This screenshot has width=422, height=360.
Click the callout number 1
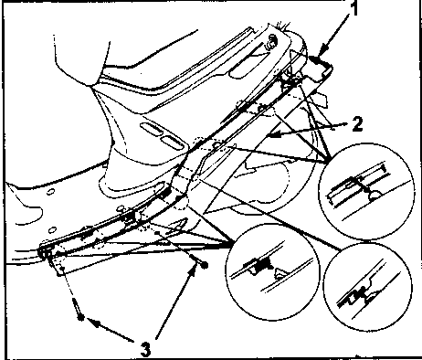pos(353,9)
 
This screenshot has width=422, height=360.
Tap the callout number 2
pos(357,124)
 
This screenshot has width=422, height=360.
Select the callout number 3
pos(146,349)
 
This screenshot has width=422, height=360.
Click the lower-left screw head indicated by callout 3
pos(80,317)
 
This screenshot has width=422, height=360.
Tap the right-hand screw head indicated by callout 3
pos(205,265)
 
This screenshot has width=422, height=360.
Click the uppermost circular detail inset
pos(366,192)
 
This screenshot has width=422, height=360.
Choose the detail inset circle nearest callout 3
pos(272,271)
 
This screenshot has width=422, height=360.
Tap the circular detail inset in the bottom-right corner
pos(367,287)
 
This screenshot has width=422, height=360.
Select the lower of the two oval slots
pos(172,143)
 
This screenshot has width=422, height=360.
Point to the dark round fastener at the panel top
pos(271,40)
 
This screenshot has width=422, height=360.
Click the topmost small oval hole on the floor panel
pos(51,192)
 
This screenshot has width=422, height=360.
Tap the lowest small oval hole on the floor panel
pos(52,229)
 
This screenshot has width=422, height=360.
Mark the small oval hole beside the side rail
pos(121,208)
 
